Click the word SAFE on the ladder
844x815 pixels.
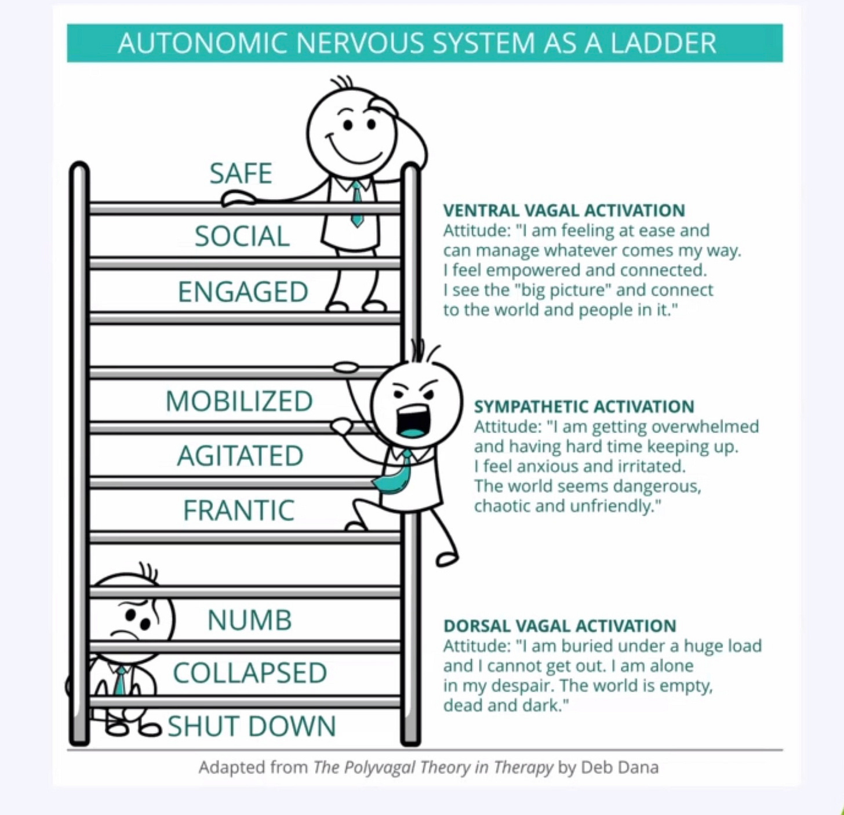(241, 173)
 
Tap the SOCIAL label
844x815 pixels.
(242, 236)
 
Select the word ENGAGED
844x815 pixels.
(243, 291)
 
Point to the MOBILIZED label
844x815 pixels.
(239, 401)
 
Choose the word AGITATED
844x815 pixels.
(240, 456)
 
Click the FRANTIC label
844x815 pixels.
(239, 510)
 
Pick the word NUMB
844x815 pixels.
(249, 620)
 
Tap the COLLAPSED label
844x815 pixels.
(250, 673)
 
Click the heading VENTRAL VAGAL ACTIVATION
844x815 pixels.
(564, 210)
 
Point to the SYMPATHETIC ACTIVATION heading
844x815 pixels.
(584, 407)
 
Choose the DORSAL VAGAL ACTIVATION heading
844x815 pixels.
(559, 626)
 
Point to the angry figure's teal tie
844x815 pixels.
(395, 475)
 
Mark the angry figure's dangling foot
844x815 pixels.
(447, 557)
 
